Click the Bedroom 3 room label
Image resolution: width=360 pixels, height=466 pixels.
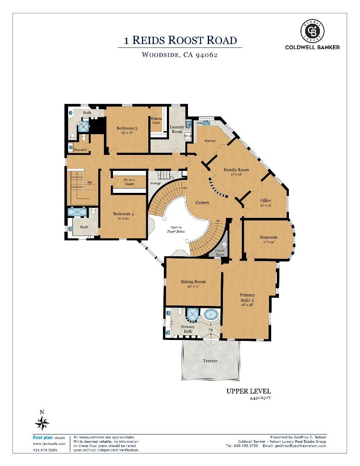point(127,128)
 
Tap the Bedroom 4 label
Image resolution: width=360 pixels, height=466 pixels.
point(122,214)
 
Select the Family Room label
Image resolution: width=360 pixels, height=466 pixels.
point(236,170)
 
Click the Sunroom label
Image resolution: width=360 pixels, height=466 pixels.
point(268,237)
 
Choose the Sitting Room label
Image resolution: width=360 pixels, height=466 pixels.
point(193,281)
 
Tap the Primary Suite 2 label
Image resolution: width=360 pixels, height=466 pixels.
point(247,297)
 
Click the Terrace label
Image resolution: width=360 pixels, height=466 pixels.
point(210,360)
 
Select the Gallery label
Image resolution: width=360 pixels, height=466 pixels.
point(202,202)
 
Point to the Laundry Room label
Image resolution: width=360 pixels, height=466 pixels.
point(177,129)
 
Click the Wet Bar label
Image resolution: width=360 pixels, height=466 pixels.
point(210,141)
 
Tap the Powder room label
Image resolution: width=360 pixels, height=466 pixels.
point(80,150)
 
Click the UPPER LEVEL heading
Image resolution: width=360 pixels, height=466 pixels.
point(248,391)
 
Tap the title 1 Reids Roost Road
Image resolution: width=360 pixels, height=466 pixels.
point(180,41)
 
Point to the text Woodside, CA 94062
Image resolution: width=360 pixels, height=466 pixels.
point(179,55)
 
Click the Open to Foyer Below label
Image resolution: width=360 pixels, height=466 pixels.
point(175,229)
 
